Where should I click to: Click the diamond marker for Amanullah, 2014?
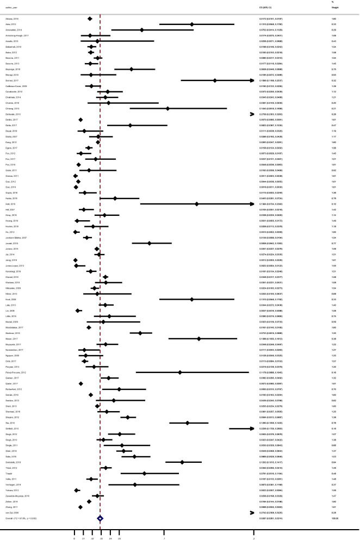pyautogui.click(x=142, y=30)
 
